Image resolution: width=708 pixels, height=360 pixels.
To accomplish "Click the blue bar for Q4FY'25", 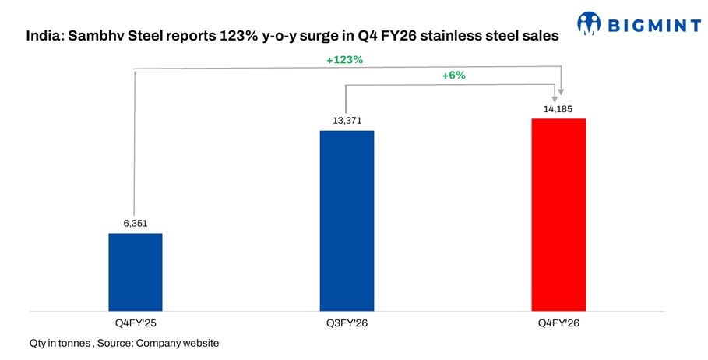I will [135, 271].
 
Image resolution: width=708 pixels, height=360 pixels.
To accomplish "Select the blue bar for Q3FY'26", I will [347, 220].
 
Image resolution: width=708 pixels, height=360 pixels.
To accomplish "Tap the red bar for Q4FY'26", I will [558, 214].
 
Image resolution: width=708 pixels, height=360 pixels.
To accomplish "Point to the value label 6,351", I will [135, 224].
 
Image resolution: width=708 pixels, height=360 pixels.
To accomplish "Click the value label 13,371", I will [347, 120].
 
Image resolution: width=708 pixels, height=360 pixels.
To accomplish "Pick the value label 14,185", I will [558, 108].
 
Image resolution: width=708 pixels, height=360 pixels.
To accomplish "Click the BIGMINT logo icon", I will [590, 24].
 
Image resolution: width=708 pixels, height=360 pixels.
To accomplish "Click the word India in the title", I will [43, 36].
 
